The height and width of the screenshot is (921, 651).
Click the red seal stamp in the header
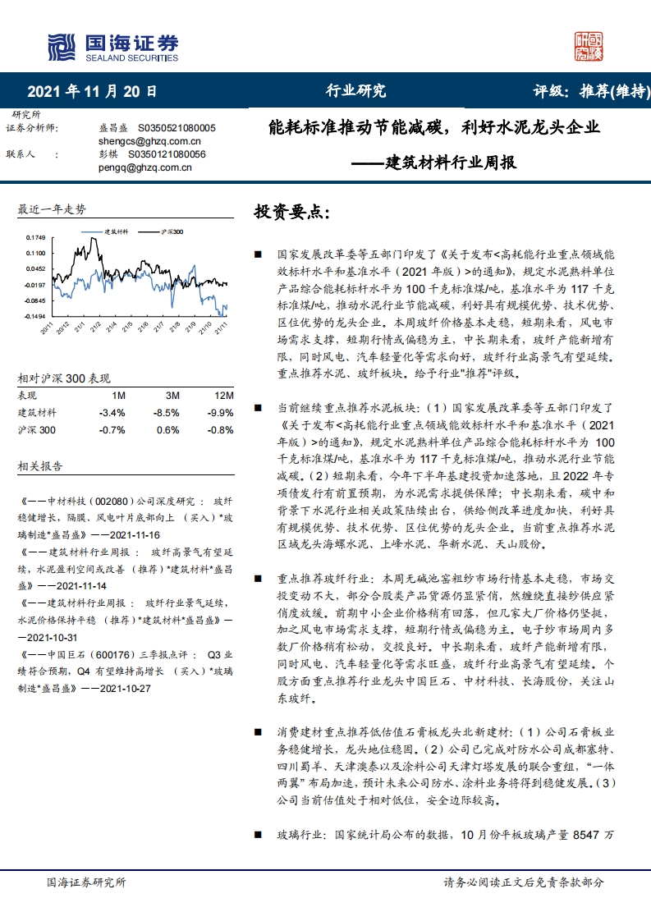click(589, 46)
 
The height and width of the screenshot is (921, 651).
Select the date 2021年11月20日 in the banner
click(92, 91)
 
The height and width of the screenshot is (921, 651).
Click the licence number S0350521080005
click(177, 129)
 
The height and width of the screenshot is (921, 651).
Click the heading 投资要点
click(291, 213)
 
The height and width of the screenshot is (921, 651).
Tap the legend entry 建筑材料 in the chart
click(115, 232)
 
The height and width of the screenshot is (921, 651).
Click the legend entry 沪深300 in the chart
click(172, 232)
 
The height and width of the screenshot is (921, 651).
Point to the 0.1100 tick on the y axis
click(35, 253)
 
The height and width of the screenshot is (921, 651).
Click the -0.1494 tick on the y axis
click(34, 316)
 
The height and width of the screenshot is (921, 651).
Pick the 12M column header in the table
click(223, 396)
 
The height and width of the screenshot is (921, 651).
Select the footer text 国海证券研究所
click(86, 882)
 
